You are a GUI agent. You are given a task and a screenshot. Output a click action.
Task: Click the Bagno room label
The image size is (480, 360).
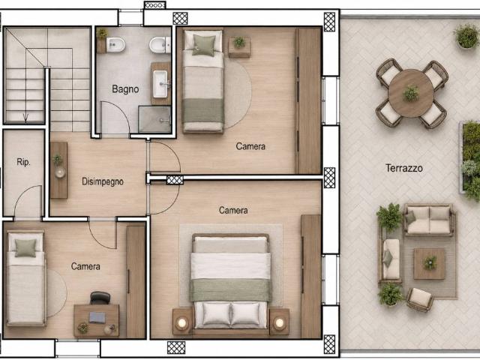(x=125, y=89)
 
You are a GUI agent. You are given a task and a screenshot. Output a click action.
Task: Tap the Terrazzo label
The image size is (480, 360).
(x=404, y=168)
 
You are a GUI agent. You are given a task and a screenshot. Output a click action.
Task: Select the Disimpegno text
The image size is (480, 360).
(x=103, y=181)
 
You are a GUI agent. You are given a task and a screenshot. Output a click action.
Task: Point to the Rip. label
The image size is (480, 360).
(x=23, y=162)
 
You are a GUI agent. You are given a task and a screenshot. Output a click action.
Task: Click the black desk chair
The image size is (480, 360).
(x=100, y=298)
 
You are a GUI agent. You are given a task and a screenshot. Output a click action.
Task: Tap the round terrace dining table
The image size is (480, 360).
(x=411, y=93)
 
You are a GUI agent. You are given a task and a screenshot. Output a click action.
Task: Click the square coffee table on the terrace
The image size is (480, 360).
(x=429, y=263)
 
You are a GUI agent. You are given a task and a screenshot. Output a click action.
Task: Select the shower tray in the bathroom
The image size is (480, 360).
(x=154, y=119)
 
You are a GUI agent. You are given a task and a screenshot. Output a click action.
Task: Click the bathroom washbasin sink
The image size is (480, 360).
(x=160, y=84)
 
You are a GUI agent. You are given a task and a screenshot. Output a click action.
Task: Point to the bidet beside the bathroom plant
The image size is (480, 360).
(x=115, y=45)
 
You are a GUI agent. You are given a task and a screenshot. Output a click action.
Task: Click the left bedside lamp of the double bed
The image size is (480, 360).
(x=182, y=322)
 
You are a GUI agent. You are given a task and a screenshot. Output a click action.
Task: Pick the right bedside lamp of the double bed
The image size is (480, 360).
(x=279, y=322)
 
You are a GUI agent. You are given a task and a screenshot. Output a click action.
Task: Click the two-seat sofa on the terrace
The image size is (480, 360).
(x=429, y=220)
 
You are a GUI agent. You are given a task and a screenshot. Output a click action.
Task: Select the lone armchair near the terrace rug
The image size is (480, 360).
(x=420, y=299)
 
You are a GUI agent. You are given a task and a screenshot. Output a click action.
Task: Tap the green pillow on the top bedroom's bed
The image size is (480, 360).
(x=203, y=46)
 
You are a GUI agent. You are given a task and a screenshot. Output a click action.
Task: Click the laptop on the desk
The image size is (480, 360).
(x=97, y=317)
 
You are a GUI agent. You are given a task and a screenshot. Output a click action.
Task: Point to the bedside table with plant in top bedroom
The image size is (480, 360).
(x=239, y=47)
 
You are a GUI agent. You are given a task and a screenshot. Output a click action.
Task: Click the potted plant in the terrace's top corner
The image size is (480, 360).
(x=466, y=36)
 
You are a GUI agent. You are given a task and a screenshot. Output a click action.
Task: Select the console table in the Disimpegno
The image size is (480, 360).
(x=58, y=170)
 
